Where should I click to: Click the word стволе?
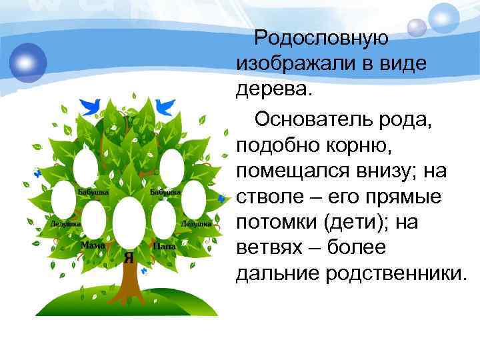click(266, 198)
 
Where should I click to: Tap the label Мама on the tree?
click(93, 246)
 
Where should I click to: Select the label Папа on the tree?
click(164, 246)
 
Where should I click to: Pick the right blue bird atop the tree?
click(165, 105)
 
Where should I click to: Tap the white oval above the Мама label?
click(94, 218)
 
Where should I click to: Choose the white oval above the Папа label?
click(163, 218)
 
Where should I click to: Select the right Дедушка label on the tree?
click(196, 224)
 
